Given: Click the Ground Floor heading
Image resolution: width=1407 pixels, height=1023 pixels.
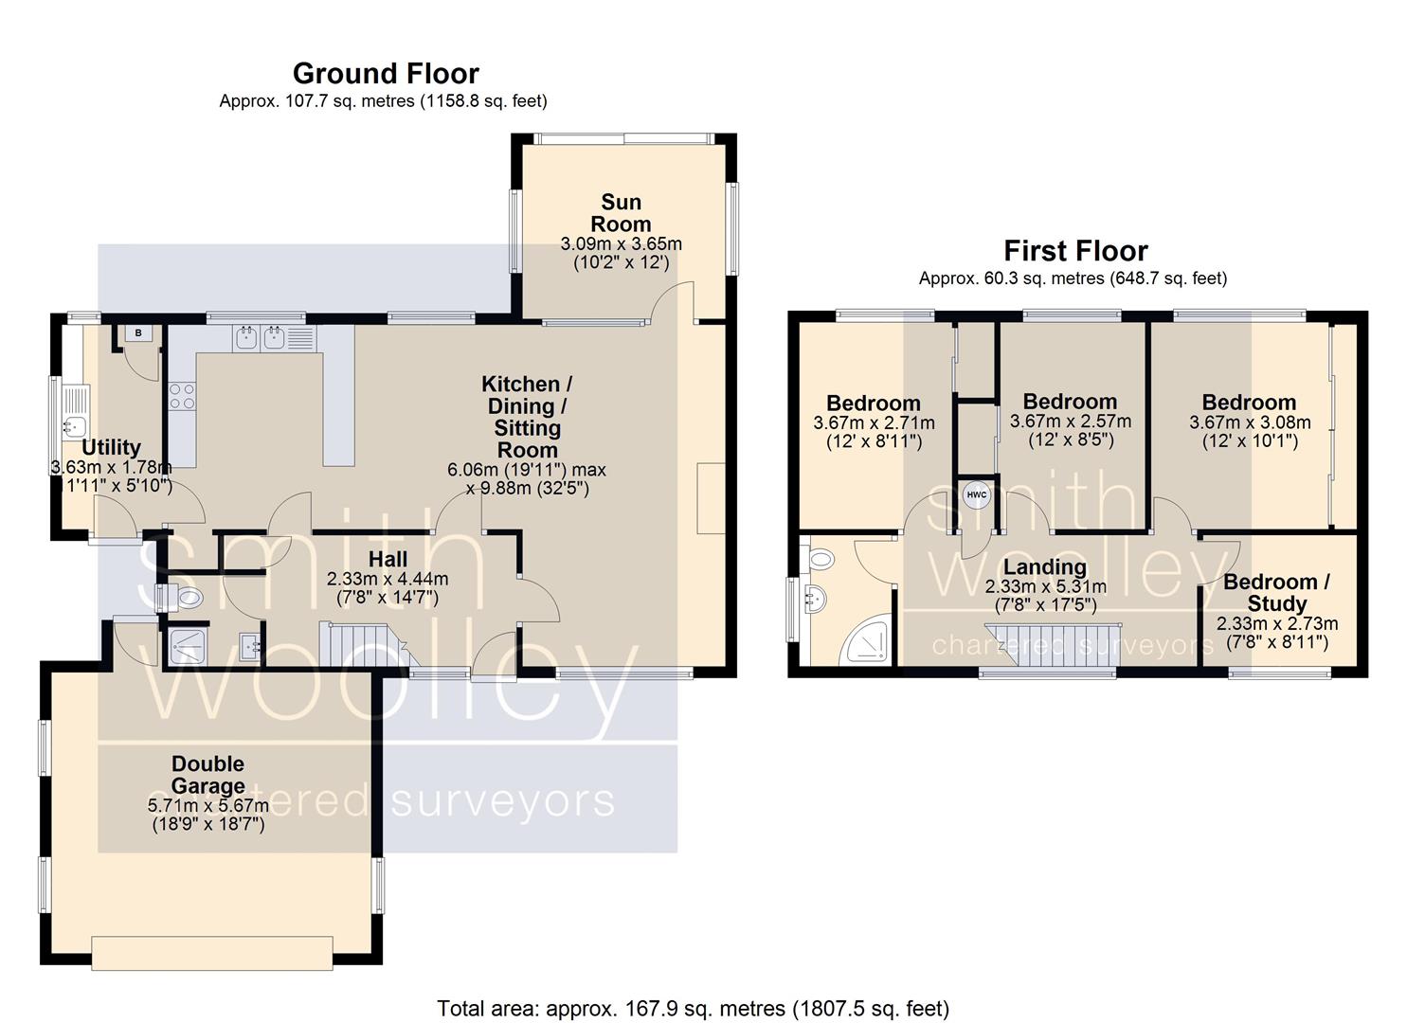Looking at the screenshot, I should coord(386,74).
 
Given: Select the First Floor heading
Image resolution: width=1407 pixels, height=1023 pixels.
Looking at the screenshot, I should coord(1075,251).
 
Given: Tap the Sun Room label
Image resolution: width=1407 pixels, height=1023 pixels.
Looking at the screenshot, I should coord(621,213).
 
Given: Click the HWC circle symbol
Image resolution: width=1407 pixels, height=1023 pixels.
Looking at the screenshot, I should coord(976,494).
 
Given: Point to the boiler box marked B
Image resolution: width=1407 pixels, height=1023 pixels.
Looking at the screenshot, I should coord(138,333).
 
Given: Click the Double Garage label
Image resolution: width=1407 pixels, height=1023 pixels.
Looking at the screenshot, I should coord(207,775).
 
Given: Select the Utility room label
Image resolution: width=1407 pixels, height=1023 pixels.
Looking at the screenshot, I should coord(111,447).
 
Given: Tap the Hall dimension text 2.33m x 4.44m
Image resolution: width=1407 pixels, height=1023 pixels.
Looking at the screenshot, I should coord(388,579).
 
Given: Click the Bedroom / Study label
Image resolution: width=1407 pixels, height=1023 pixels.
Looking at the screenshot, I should coord(1276,592).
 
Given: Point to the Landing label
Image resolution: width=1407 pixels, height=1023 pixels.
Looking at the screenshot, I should coord(1045,567).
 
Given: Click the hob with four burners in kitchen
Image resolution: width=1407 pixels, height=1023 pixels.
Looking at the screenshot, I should coord(182,396).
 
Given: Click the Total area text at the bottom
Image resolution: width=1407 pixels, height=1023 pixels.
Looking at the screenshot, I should coord(693,1008).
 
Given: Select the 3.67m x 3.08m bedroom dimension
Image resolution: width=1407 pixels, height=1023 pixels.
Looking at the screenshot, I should coord(1250,422).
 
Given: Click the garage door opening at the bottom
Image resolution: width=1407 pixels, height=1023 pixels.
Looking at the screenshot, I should coord(212,952).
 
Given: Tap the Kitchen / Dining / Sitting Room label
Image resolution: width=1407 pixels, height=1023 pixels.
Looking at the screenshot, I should coord(527,417).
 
